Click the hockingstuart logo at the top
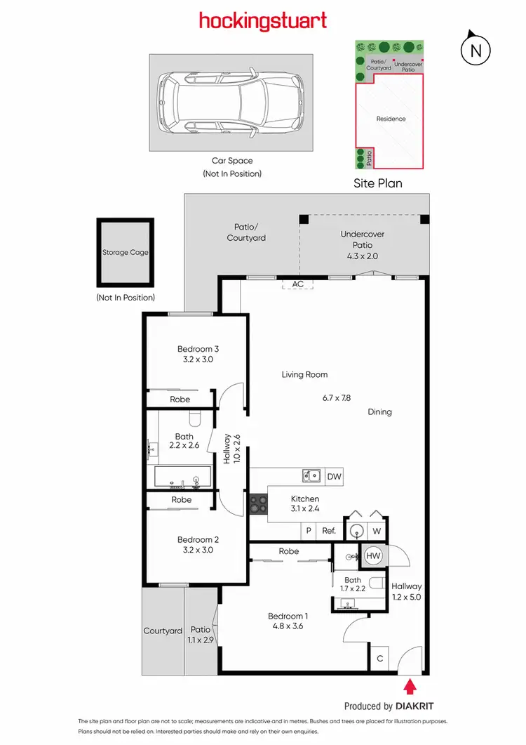click(x=263, y=20)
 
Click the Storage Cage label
click(x=125, y=252)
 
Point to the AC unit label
click(x=298, y=284)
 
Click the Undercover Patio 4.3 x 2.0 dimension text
click(x=362, y=256)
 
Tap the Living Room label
click(x=304, y=374)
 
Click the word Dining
click(x=379, y=412)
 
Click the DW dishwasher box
click(x=335, y=477)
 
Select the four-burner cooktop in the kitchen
click(x=257, y=503)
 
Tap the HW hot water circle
click(x=373, y=556)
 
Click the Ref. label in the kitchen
click(x=329, y=532)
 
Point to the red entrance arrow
click(x=409, y=685)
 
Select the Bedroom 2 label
click(x=198, y=539)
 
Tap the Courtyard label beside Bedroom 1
click(x=163, y=631)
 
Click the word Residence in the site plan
click(x=391, y=119)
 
